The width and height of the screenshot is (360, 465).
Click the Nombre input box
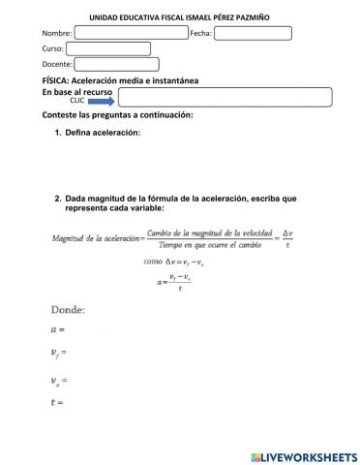131,32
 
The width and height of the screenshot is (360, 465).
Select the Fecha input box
252,33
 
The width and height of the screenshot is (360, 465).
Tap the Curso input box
107,48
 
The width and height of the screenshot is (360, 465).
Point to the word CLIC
77,99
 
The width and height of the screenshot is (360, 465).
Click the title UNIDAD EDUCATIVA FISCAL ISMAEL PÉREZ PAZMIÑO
180,16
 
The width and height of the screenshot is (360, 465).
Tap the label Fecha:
200,33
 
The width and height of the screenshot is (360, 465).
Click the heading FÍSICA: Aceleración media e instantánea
121,79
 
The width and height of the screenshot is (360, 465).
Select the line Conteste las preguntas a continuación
118,114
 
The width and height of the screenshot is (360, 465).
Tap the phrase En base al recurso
77,90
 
